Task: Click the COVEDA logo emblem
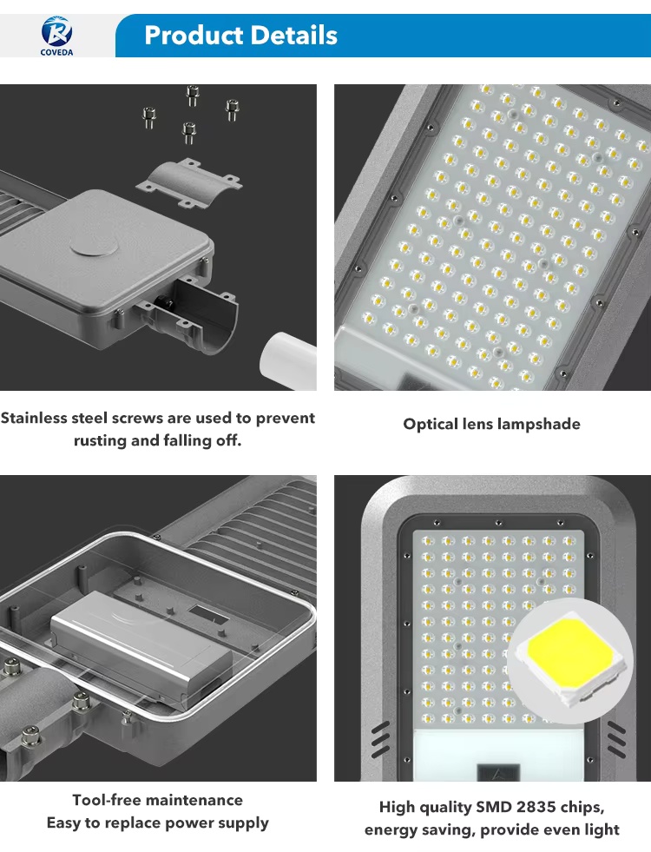56,31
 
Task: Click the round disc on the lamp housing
95,248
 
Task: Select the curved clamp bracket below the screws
188,182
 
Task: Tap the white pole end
288,360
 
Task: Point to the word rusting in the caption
100,440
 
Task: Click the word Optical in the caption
430,425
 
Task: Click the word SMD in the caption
494,808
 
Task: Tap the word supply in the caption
243,823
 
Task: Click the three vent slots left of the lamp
380,739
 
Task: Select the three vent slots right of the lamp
616,739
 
